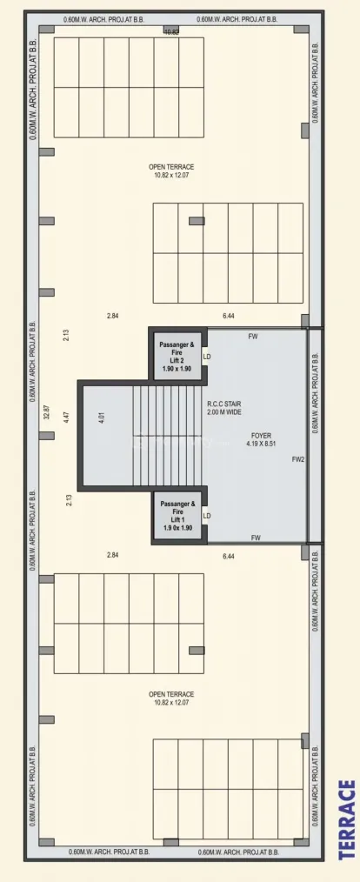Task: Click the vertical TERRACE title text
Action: click(x=347, y=819)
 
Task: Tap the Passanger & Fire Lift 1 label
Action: click(x=179, y=515)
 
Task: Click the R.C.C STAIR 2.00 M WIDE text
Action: click(x=223, y=408)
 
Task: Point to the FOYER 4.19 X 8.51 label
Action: click(x=261, y=438)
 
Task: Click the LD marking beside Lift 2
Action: click(x=207, y=357)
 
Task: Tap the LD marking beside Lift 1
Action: click(x=207, y=516)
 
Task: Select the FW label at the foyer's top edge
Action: click(x=253, y=336)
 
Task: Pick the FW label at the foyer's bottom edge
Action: click(x=256, y=538)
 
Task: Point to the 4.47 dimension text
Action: click(x=66, y=416)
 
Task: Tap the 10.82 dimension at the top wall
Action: click(x=172, y=31)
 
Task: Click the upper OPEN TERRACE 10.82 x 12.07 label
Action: click(x=171, y=170)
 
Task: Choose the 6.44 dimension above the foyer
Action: click(x=230, y=316)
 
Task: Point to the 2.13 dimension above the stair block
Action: click(x=66, y=334)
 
